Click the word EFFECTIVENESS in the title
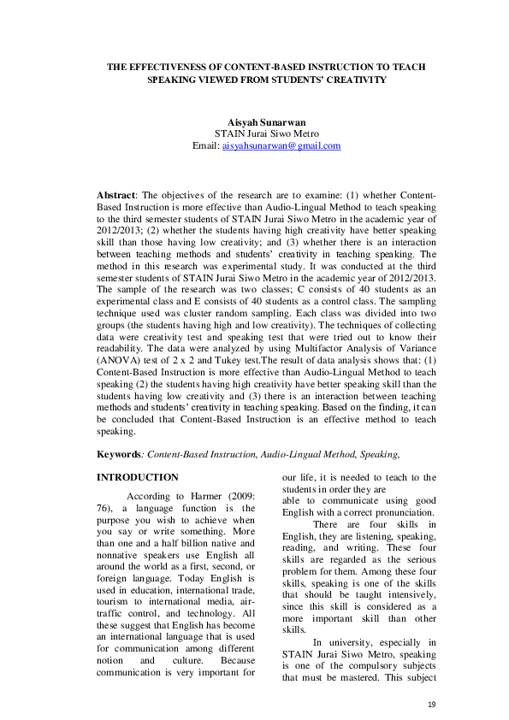[x=168, y=66]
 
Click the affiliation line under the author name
[x=266, y=134]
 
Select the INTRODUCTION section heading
[x=138, y=477]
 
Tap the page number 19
[x=430, y=703]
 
